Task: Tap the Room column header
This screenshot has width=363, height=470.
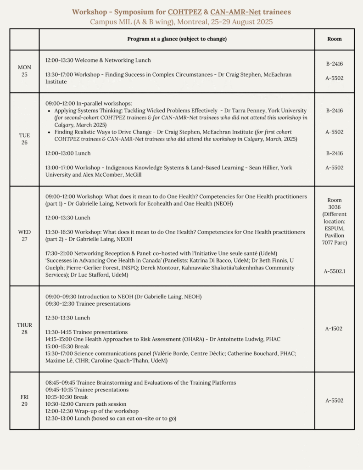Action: [x=334, y=39]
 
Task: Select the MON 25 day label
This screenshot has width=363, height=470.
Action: [x=24, y=71]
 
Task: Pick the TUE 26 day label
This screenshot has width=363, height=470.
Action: [x=24, y=139]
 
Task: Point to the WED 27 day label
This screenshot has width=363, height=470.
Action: [x=24, y=235]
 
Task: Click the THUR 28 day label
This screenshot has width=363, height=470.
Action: [x=24, y=329]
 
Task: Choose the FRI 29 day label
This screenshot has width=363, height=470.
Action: [x=24, y=400]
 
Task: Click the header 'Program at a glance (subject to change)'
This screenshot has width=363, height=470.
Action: [x=177, y=39]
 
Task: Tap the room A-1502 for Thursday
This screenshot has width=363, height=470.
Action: [x=334, y=329]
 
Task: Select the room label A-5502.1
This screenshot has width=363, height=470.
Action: [x=334, y=271]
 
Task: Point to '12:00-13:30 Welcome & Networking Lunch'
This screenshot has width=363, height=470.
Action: [x=98, y=60]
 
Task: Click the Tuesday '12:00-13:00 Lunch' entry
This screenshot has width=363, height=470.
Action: [x=68, y=153]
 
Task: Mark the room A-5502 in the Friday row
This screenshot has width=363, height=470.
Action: [x=334, y=401]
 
